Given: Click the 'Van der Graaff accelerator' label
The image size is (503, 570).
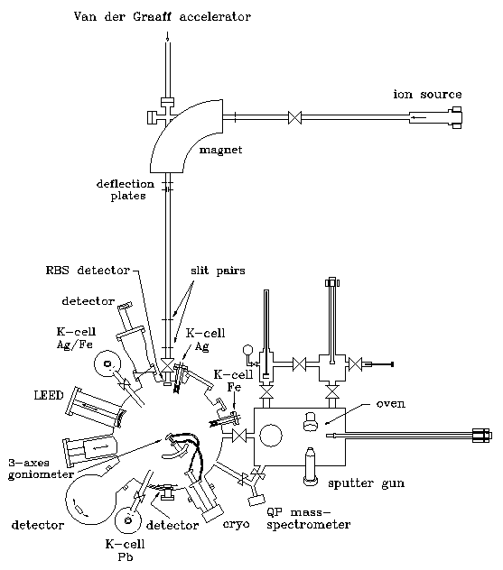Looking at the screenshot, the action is tap(163, 17).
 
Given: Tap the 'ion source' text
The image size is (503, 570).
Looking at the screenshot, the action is tap(427, 95).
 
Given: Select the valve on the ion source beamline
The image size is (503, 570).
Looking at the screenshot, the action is tap(294, 118).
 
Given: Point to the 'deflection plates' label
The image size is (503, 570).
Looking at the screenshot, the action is tap(126, 189).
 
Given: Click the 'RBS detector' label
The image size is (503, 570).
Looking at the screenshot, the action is tap(88, 271).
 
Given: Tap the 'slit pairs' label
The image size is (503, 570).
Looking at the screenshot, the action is tap(218, 271).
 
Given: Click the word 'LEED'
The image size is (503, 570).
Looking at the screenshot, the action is tap(49, 395).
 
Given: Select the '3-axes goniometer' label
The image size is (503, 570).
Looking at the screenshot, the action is tap(41, 469).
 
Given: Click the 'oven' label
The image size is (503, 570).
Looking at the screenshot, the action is tap(390, 404).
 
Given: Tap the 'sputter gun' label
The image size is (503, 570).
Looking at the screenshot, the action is tap(366, 483).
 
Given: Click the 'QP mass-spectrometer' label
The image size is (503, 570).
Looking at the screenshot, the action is tap(308, 519).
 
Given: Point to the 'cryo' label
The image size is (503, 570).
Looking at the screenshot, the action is tap(237, 524).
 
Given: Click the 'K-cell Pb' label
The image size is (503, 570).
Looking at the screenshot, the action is tap(126, 550).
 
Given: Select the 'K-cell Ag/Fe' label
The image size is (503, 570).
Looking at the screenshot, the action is tap(76, 337).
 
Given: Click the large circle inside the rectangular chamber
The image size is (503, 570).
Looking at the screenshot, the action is tap(270, 436).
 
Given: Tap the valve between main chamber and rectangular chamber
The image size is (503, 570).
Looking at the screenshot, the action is tap(239, 436).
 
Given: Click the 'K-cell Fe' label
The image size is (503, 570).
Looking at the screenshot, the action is tap(233, 381).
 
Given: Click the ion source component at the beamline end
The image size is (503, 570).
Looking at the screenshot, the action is tap(435, 118).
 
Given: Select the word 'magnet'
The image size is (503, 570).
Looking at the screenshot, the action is tap(220, 150).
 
